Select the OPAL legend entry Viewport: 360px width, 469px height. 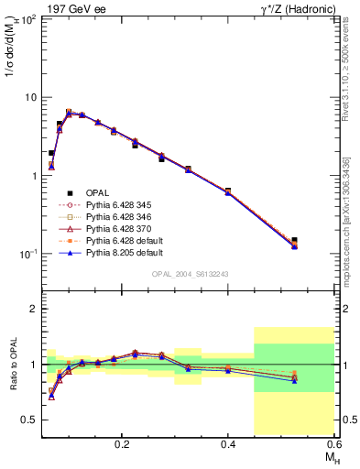point(96,192)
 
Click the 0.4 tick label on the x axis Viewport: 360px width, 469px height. point(228,443)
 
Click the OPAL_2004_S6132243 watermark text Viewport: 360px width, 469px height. point(189,274)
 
